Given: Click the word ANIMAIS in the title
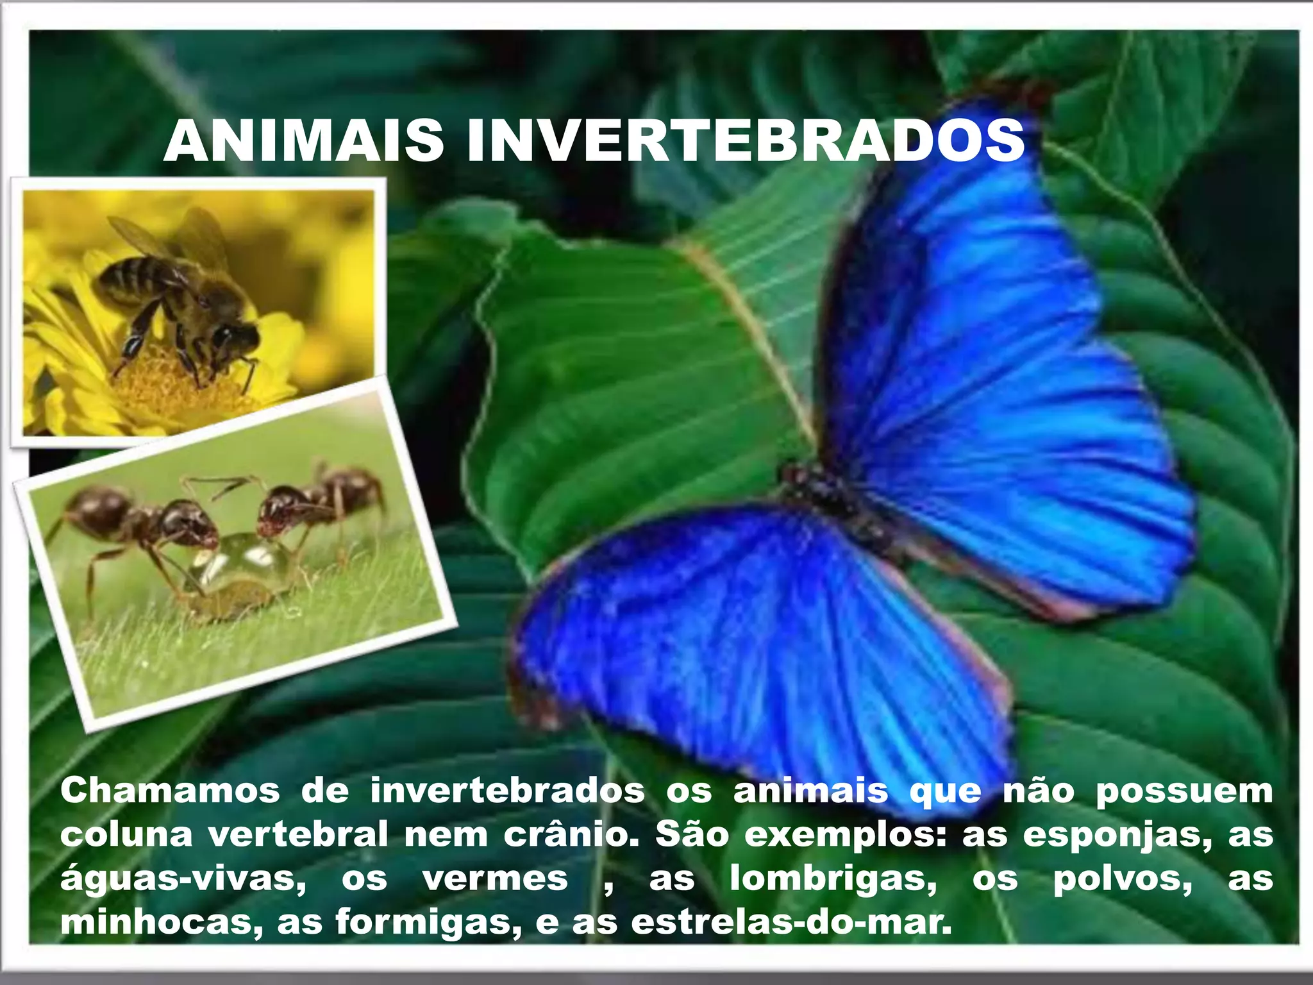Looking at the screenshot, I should [304, 141].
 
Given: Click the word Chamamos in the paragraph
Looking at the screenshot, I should [170, 791].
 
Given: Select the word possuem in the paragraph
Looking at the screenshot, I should [1183, 791].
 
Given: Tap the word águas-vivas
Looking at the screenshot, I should [183, 879].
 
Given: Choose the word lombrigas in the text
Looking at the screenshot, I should [833, 879].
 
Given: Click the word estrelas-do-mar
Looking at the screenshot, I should [791, 922].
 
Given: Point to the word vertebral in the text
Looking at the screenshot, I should [298, 835].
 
